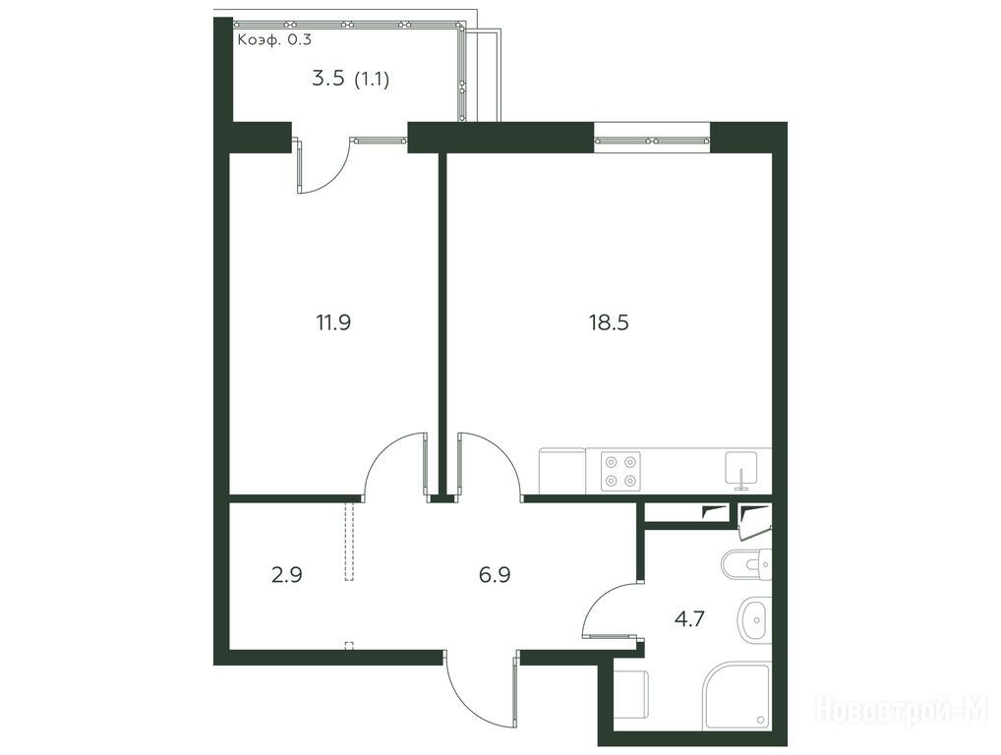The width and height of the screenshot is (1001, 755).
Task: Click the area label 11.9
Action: click(333, 322)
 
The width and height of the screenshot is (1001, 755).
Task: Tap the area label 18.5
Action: click(609, 322)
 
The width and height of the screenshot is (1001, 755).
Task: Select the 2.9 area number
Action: click(287, 575)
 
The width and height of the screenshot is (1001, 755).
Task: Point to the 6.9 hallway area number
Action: click(495, 575)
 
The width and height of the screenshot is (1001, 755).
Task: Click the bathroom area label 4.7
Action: click(689, 618)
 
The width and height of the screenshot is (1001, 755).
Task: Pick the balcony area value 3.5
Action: click(328, 79)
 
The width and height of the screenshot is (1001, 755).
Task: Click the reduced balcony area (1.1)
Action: click(372, 80)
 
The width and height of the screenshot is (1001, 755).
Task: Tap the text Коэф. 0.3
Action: click(274, 39)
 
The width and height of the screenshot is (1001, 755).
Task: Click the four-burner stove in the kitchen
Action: click(621, 470)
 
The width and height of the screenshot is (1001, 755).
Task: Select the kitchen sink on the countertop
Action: click(741, 469)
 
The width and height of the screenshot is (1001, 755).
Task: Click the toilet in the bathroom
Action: click(745, 565)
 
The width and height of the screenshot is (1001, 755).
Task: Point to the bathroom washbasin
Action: click(754, 619)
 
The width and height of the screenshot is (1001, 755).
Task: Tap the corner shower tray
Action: click(736, 696)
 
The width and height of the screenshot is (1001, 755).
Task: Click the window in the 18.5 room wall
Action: click(652, 141)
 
